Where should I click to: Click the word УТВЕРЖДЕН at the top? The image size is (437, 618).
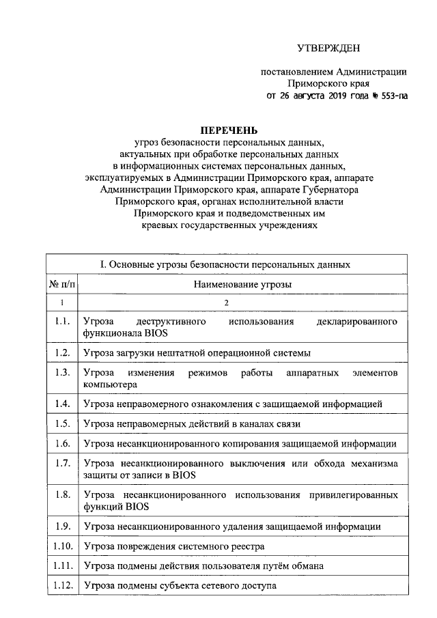(x=327, y=47)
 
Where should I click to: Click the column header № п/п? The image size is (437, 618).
(x=61, y=283)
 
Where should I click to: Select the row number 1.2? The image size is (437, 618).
(x=61, y=352)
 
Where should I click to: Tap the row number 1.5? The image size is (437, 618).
(x=61, y=423)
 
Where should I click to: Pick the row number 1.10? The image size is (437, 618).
(x=61, y=546)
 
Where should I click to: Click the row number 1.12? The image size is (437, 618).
(x=61, y=586)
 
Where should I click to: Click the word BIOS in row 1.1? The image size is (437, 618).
(x=156, y=333)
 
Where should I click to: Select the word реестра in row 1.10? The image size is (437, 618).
(x=244, y=547)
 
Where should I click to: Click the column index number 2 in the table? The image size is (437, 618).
(x=226, y=302)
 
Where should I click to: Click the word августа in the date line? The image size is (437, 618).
(x=306, y=96)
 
